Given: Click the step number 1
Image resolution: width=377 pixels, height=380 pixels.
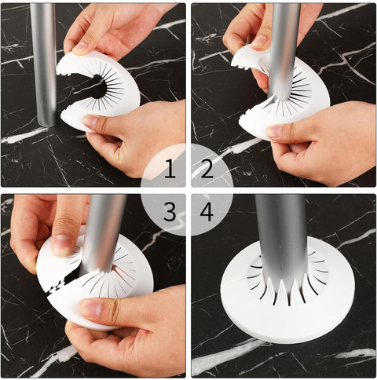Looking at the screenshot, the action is pos(170,169).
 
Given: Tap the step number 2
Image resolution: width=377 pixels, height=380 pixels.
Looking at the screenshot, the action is pos(207,169).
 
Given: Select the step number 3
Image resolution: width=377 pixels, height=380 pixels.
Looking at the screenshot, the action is pos(170,212).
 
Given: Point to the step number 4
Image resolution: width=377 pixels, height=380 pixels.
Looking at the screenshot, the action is pos(207,212).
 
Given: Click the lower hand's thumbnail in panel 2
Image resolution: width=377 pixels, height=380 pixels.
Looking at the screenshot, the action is pos(274,132).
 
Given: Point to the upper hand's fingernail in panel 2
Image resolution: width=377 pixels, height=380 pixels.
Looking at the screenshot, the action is pos(259,42).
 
